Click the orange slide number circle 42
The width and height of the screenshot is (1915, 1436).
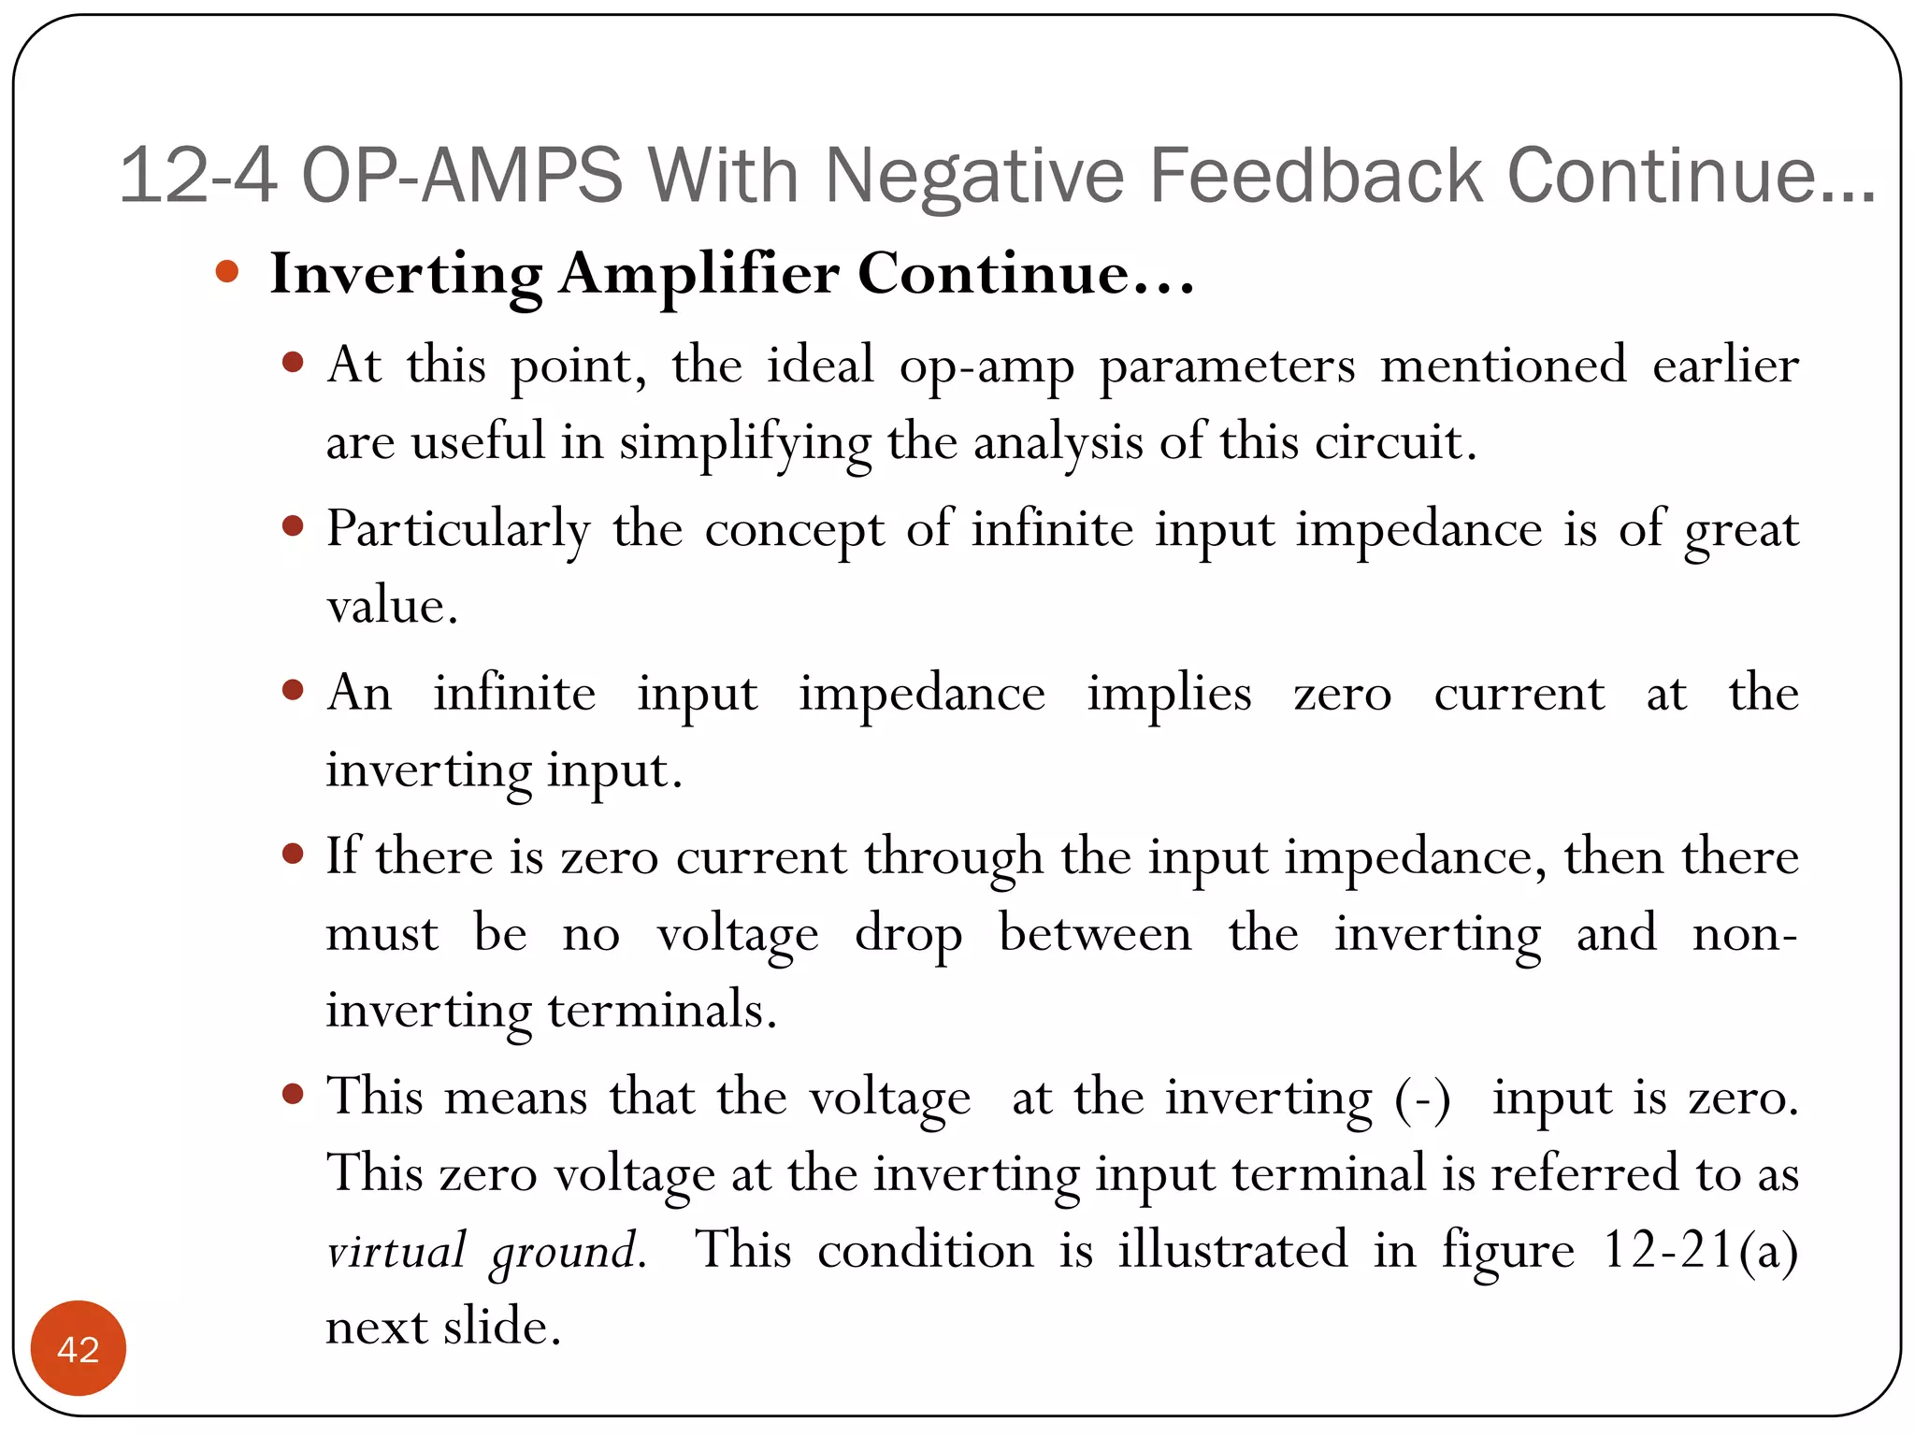(79, 1348)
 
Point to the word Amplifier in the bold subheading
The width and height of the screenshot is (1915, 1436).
(698, 275)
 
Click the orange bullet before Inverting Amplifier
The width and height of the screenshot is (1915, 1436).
(227, 272)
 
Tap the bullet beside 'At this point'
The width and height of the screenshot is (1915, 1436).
(293, 362)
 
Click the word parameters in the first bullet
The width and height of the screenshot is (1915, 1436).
(1227, 365)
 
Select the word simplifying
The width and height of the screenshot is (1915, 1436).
(745, 442)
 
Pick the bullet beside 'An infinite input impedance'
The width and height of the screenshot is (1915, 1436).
(293, 691)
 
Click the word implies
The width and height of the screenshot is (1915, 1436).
(1169, 695)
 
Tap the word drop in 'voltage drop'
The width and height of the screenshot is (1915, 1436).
(908, 934)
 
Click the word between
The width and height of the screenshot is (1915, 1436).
(1095, 934)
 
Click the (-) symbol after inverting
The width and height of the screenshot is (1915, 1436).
(1422, 1098)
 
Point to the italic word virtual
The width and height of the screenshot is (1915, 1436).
(396, 1251)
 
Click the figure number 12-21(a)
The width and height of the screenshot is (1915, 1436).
(1700, 1251)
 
